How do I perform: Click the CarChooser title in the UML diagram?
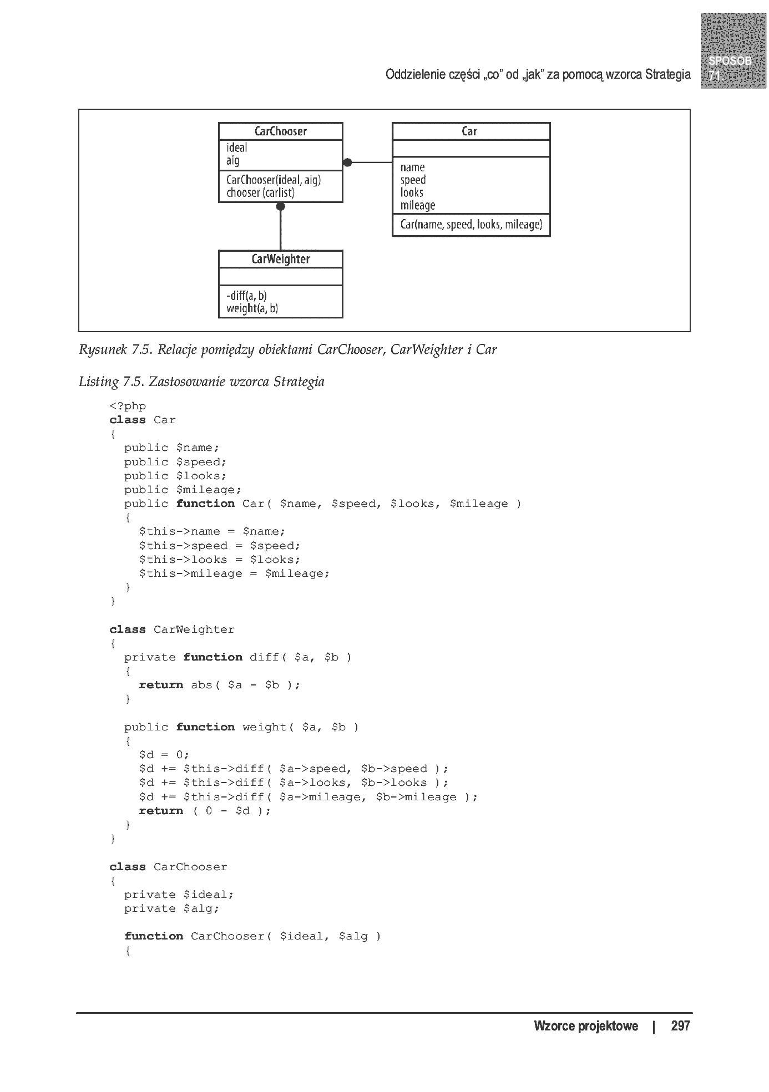pos(280,131)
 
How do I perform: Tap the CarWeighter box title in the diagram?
pos(280,259)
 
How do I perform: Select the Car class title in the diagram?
pos(469,131)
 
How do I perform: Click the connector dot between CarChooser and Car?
pos(347,162)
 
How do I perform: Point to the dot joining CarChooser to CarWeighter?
pos(281,207)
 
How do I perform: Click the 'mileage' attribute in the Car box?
pos(418,205)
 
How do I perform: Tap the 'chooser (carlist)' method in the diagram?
pos(260,192)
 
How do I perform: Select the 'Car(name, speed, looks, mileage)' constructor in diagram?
pos(471,225)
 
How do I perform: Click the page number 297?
pos(680,1025)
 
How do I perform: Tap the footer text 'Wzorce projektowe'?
pos(586,1026)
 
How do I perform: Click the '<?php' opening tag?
pos(128,407)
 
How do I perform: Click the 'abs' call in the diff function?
pos(201,685)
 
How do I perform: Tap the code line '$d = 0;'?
pos(164,755)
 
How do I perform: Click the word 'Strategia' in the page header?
pos(668,74)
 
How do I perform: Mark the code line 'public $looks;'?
pos(175,476)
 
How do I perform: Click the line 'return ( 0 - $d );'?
pos(205,811)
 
